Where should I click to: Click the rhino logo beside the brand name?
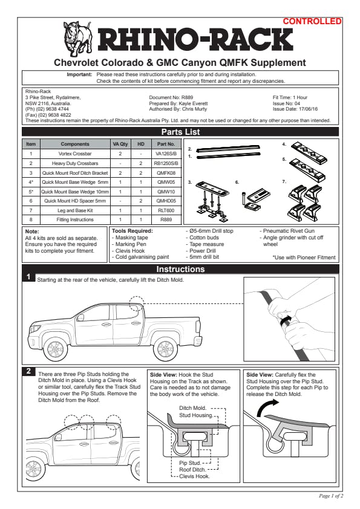pyautogui.click(x=77, y=39)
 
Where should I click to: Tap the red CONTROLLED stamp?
pyautogui.click(x=312, y=21)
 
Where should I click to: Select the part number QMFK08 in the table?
pyautogui.click(x=166, y=173)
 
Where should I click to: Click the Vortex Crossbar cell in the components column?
pyautogui.click(x=75, y=154)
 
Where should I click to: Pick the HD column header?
pyautogui.click(x=141, y=144)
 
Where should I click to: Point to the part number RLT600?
pyautogui.click(x=166, y=210)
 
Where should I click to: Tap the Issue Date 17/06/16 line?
pyautogui.click(x=295, y=109)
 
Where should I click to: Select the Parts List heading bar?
pyautogui.click(x=180, y=132)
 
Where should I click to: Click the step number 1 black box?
pyautogui.click(x=28, y=277)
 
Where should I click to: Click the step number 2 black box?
pyautogui.click(x=28, y=371)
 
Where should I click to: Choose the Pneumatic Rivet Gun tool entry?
pyautogui.click(x=287, y=231)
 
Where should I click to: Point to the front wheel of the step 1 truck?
pyautogui.click(x=56, y=349)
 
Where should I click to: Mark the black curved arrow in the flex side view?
pyautogui.click(x=266, y=407)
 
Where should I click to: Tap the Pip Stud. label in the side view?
pyautogui.click(x=190, y=463)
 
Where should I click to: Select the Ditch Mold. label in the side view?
pyautogui.click(x=192, y=408)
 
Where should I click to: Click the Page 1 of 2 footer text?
pyautogui.click(x=331, y=496)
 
